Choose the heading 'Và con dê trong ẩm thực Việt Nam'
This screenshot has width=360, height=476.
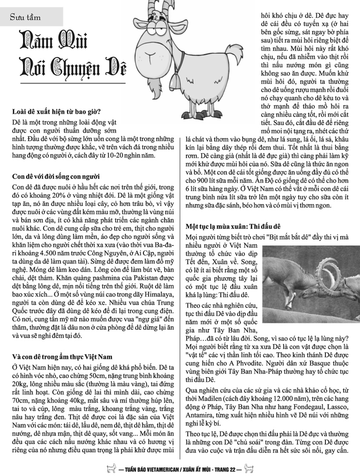coord(62,357)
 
